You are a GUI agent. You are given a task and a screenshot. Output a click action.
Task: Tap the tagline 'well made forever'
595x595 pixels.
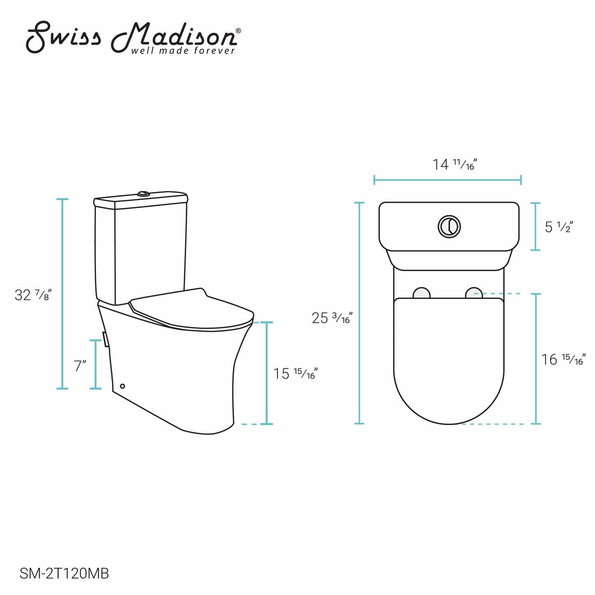point(183,51)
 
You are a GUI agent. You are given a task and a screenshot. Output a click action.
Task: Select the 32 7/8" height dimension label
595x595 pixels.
point(33,295)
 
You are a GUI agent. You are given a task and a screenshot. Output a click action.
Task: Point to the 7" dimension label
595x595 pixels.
point(80,366)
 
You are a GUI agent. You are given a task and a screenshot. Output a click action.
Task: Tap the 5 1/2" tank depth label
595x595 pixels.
point(559,227)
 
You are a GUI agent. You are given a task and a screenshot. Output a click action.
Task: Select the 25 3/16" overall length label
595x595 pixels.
point(332,318)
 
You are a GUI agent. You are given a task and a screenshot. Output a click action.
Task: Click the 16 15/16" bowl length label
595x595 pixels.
point(562,359)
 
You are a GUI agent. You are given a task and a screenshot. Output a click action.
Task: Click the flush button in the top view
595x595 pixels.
point(449,226)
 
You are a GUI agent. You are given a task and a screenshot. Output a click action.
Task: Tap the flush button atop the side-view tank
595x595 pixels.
point(143,193)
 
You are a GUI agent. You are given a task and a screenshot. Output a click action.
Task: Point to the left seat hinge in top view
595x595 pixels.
point(421,293)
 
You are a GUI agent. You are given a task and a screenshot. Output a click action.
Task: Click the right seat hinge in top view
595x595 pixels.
point(474,293)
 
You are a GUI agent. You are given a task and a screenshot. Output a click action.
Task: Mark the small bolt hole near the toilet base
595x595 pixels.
point(122,386)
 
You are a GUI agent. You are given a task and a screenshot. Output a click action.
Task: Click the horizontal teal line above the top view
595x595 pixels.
point(448,180)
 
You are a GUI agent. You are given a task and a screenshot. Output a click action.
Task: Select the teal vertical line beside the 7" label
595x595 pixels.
point(96,364)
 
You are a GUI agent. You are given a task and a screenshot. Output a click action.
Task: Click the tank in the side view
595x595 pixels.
point(140,251)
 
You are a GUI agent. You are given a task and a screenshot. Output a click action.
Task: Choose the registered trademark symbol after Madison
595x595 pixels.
point(238,30)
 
